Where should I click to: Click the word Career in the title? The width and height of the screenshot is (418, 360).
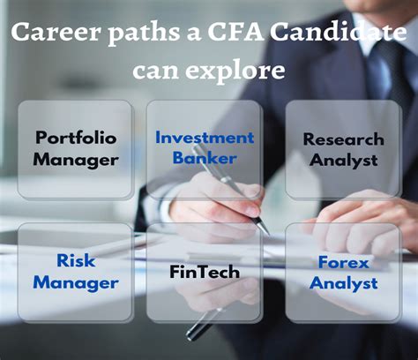tap(56, 32)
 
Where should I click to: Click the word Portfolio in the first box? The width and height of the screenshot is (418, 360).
tap(76, 138)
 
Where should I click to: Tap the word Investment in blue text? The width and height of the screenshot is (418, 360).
tap(205, 138)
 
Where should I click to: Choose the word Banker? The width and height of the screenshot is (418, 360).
tap(205, 158)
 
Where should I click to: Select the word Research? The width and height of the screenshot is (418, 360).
tap(343, 139)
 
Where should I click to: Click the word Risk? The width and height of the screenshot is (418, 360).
tap(76, 260)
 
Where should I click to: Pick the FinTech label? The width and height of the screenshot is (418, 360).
tap(205, 272)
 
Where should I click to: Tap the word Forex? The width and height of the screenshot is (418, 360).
tap(343, 262)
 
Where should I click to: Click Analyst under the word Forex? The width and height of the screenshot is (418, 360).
tap(343, 284)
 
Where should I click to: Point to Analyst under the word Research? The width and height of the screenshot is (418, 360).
tap(343, 161)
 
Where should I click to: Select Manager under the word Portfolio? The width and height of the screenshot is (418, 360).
tap(76, 161)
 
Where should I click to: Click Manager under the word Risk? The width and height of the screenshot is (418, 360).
tap(76, 283)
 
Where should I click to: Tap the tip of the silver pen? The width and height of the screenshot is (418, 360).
tap(268, 234)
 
